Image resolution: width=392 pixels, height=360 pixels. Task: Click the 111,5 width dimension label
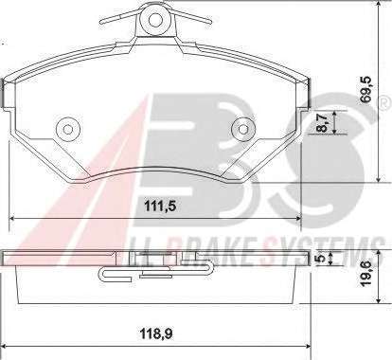pyautogui.click(x=159, y=207)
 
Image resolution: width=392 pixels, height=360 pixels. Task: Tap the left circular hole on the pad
pyautogui.click(x=67, y=129)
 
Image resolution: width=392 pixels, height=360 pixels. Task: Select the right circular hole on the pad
pyautogui.click(x=243, y=129)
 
